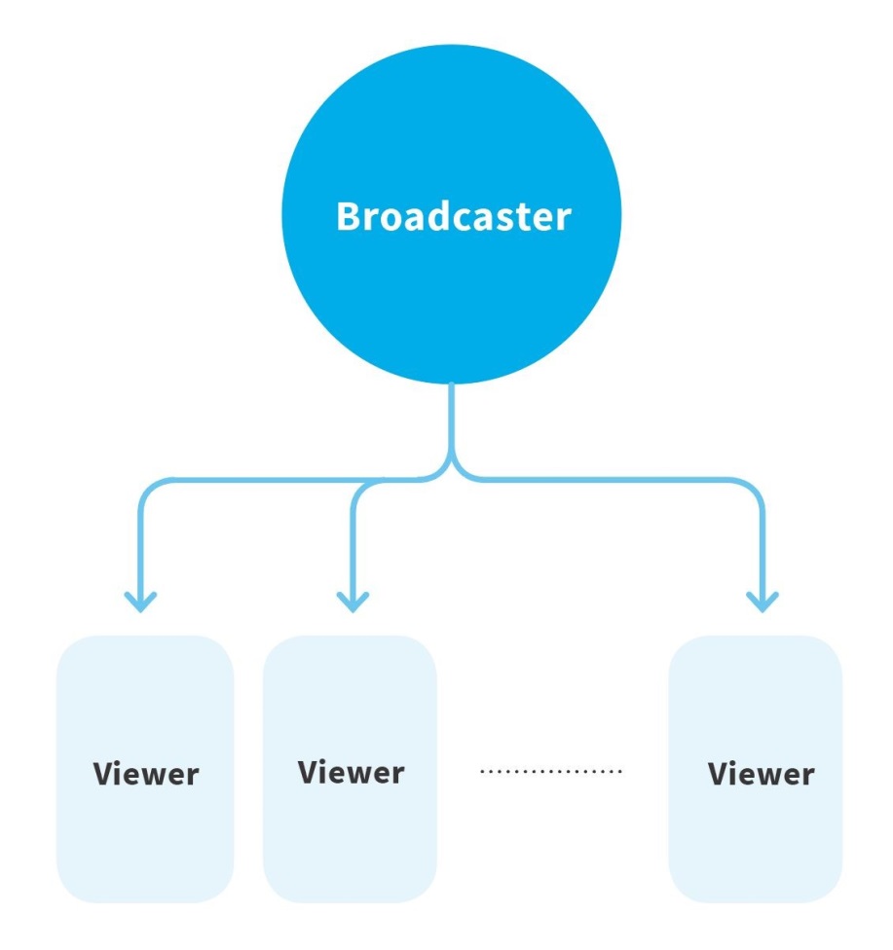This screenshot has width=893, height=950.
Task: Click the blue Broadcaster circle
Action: (x=451, y=216)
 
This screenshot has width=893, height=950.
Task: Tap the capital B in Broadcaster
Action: (x=350, y=217)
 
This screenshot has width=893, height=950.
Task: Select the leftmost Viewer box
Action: (x=145, y=769)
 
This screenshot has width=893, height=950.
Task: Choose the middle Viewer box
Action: (x=351, y=769)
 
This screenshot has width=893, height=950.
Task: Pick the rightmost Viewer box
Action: (x=756, y=769)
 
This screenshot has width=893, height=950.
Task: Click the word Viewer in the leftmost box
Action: (x=146, y=775)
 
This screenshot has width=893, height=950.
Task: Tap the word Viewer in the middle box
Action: (x=352, y=773)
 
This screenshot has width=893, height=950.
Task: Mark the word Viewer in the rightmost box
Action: (x=762, y=775)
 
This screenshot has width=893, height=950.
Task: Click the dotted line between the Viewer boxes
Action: (x=551, y=772)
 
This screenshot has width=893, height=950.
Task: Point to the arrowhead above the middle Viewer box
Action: (x=353, y=600)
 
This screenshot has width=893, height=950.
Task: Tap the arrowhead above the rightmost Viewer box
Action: (x=763, y=600)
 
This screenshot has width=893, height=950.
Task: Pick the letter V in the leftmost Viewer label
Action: (x=103, y=775)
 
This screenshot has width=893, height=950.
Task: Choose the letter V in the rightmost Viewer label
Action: (x=719, y=775)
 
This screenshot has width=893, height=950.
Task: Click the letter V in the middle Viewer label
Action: (x=309, y=773)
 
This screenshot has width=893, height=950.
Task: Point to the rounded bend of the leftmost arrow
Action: (x=150, y=487)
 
